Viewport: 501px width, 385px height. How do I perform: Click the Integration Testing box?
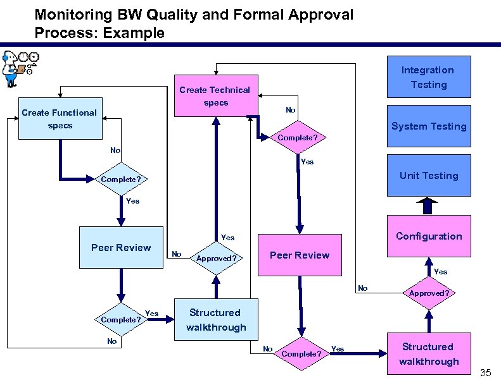(429, 77)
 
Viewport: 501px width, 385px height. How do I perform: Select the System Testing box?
(429, 126)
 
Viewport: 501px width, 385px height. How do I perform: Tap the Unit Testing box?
(429, 175)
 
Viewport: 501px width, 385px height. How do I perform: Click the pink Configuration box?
(429, 236)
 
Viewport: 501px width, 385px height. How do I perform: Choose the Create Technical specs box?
(215, 96)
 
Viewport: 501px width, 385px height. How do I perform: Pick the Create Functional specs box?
(60, 119)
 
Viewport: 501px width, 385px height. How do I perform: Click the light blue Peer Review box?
(121, 247)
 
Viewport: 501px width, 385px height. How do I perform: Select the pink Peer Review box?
(300, 255)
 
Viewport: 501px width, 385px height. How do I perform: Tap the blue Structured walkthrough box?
(216, 320)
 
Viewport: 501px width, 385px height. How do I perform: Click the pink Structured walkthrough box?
(429, 354)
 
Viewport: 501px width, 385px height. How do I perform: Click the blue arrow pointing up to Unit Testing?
(429, 205)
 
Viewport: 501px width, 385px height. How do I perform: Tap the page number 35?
(485, 373)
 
